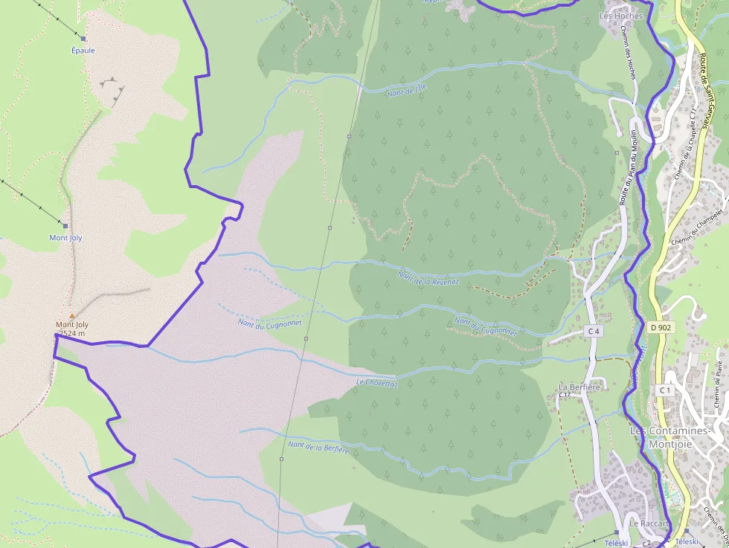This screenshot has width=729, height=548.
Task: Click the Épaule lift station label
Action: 83,51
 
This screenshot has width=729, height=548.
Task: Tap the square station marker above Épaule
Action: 83,39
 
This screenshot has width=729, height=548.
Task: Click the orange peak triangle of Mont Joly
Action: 72,316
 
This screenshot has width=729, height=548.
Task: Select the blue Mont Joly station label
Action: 65,238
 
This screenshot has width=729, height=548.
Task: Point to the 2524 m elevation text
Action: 71,334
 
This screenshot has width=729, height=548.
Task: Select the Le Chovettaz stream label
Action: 377,383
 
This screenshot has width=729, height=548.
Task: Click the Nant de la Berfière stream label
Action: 318,447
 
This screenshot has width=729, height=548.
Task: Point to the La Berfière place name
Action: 579,387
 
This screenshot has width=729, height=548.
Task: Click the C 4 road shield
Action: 593,331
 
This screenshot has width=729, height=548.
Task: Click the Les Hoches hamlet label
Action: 620,16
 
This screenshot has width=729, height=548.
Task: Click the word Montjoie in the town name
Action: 671,445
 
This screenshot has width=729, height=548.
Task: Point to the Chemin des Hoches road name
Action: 629,54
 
